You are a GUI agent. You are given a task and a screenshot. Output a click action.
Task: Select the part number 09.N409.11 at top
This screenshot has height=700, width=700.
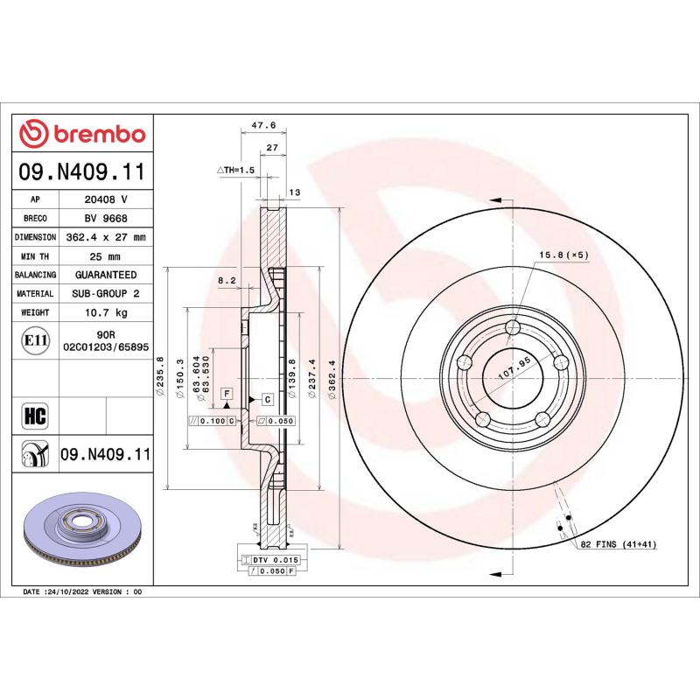(82, 172)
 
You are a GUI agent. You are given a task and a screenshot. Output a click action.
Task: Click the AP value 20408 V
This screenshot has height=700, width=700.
(106, 199)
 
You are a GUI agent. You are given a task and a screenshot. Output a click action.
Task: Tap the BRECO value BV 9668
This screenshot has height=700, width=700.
(106, 218)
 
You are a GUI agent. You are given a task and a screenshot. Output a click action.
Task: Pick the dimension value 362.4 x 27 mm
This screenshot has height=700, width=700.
(106, 237)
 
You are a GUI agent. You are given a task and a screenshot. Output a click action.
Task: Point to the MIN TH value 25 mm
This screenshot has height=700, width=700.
(106, 255)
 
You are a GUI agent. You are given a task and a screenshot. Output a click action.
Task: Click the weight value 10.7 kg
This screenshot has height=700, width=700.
(106, 311)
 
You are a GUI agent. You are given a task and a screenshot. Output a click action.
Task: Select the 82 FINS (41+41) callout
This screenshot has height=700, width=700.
(618, 544)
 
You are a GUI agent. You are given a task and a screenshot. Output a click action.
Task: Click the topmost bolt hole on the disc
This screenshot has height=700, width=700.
(514, 328)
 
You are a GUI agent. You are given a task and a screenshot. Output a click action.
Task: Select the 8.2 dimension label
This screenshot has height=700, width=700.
(227, 280)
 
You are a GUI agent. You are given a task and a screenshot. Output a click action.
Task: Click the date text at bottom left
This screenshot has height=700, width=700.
(82, 592)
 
